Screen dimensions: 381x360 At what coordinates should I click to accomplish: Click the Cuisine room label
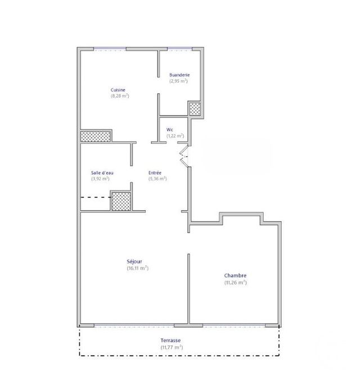[118, 90]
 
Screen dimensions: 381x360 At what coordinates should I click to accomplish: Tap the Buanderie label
[179, 75]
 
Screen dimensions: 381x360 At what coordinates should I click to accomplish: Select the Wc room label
[169, 130]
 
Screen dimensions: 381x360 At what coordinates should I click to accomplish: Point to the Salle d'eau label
[102, 173]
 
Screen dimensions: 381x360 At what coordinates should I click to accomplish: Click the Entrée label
[155, 173]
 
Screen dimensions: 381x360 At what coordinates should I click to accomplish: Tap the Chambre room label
[235, 275]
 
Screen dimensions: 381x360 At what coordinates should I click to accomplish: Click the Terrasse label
[171, 341]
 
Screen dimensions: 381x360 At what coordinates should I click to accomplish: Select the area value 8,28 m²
[120, 96]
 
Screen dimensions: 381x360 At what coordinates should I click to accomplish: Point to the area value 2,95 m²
[179, 81]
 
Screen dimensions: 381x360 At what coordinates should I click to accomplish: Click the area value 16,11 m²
[138, 268]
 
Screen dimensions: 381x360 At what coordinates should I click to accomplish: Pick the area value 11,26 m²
[235, 282]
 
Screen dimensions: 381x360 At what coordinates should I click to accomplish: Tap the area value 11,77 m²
[171, 347]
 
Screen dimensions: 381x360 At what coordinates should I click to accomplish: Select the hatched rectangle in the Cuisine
[96, 136]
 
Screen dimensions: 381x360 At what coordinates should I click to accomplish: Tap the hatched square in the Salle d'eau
[120, 201]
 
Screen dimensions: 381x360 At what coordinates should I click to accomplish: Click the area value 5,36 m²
[157, 179]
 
